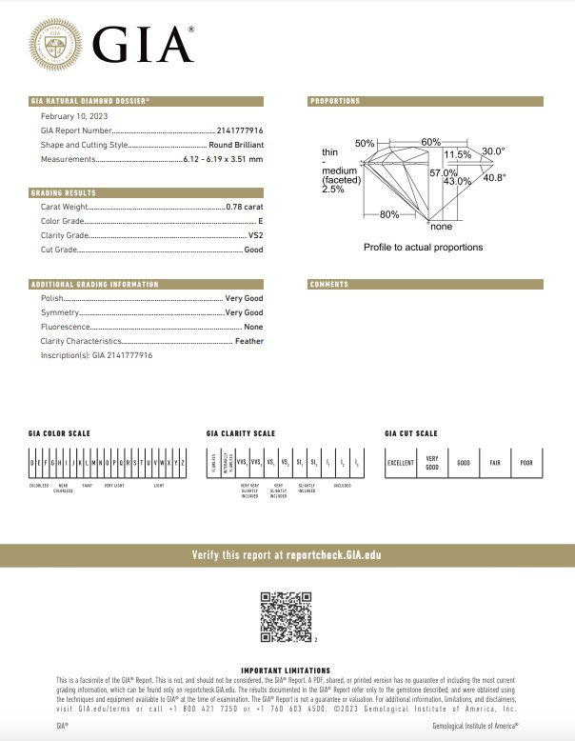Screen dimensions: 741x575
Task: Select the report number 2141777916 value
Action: (x=240, y=130)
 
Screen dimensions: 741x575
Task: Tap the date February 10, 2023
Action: (x=74, y=116)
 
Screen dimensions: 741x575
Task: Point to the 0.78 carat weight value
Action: (x=245, y=206)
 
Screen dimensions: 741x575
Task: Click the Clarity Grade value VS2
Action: (x=255, y=234)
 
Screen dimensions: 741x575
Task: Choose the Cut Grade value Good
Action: (x=253, y=250)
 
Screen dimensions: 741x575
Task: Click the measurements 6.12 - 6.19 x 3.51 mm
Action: (x=223, y=159)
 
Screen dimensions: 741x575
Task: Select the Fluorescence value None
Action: (x=253, y=327)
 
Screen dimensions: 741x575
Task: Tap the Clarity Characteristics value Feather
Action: (x=249, y=340)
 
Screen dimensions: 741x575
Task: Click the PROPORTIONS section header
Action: (x=335, y=101)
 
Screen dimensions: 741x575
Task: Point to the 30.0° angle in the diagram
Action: (x=493, y=150)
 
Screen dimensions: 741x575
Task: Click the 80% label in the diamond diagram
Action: (x=389, y=214)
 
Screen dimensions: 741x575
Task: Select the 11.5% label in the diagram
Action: (x=457, y=154)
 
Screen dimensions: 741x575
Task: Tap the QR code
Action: (x=287, y=616)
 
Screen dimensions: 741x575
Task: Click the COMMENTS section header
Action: (x=329, y=285)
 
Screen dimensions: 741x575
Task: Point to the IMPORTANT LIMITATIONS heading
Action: (x=286, y=671)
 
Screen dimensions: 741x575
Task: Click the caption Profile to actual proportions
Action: (x=423, y=248)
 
